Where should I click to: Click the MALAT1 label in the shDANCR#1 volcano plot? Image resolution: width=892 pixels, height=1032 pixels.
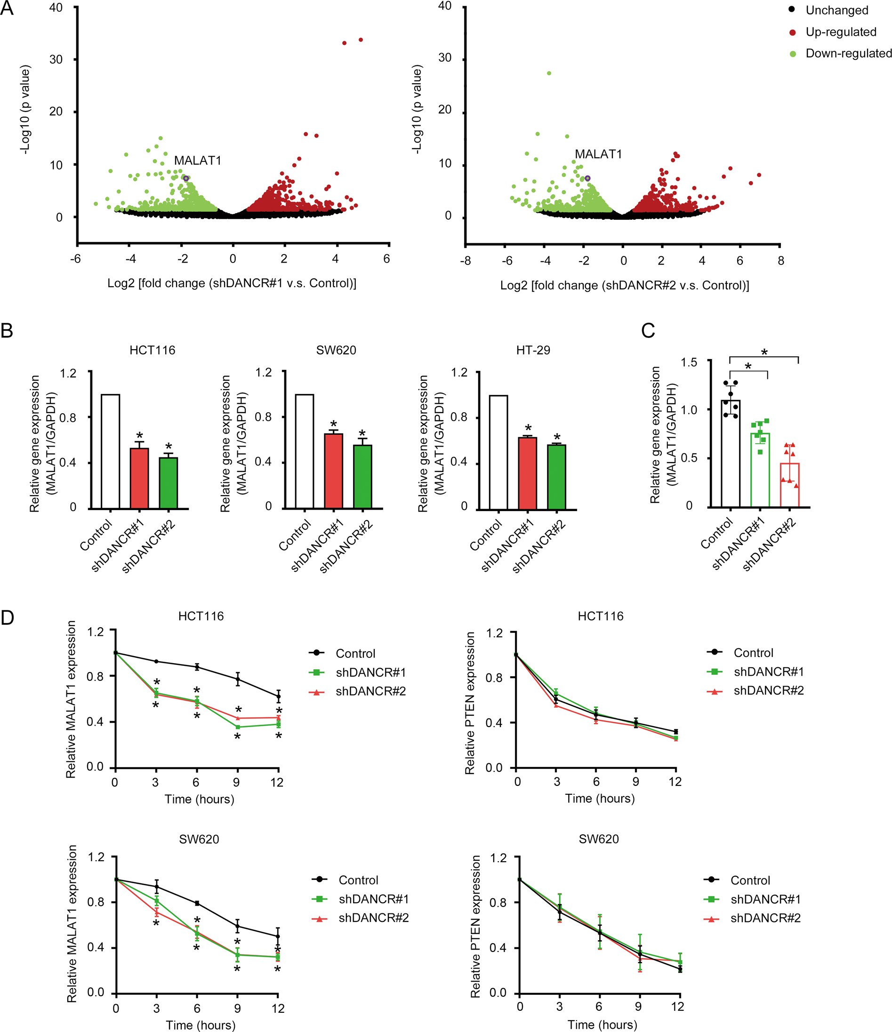197,160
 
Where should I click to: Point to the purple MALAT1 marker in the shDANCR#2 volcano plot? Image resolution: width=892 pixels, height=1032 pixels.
587,178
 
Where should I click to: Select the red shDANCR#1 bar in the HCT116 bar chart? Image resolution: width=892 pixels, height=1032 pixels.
139,478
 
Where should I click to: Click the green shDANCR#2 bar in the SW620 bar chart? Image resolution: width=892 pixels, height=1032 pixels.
362,476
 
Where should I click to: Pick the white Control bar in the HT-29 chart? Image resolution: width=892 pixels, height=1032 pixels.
498,452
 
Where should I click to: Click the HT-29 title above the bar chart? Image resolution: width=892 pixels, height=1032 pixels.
533,350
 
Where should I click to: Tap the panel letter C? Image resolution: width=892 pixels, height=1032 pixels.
648,331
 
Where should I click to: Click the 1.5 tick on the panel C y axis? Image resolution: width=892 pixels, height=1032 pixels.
689,362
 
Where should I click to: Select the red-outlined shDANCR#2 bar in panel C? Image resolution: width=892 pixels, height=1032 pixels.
789,485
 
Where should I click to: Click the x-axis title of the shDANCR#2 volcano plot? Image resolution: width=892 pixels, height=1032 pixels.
624,285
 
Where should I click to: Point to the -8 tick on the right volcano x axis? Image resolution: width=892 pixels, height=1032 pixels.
466,261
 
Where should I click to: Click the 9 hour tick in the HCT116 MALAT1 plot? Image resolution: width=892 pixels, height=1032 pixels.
236,783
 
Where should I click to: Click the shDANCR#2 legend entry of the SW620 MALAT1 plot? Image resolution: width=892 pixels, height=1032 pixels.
373,918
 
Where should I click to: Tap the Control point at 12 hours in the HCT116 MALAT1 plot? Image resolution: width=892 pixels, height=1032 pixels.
278,697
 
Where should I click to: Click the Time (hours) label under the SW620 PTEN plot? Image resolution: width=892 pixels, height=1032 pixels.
602,1024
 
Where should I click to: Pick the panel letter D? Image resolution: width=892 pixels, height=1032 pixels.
8,618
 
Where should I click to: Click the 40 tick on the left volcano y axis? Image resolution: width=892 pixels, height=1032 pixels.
56,8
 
